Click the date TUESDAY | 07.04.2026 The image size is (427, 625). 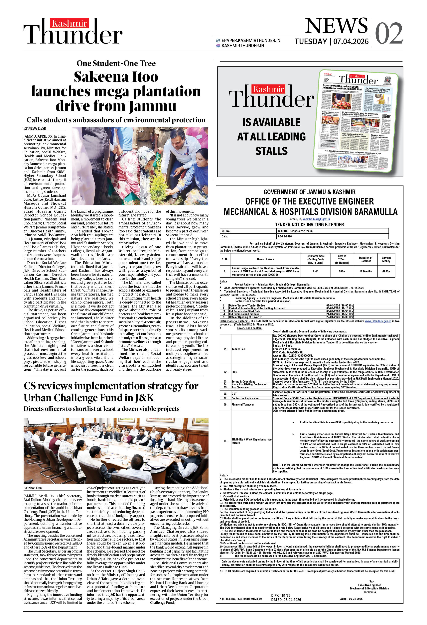[332, 41]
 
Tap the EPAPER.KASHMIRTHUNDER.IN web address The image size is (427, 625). [250, 40]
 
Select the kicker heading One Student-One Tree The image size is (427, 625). [116, 63]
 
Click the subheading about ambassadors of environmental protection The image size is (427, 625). [116, 120]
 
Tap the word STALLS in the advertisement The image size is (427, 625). [271, 151]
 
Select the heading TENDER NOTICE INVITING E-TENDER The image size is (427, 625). [309, 225]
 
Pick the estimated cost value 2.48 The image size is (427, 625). [315, 271]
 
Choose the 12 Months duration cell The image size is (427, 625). [365, 271]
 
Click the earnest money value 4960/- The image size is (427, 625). [386, 271]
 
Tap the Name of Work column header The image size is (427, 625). [265, 259]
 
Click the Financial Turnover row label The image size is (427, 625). [242, 405]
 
